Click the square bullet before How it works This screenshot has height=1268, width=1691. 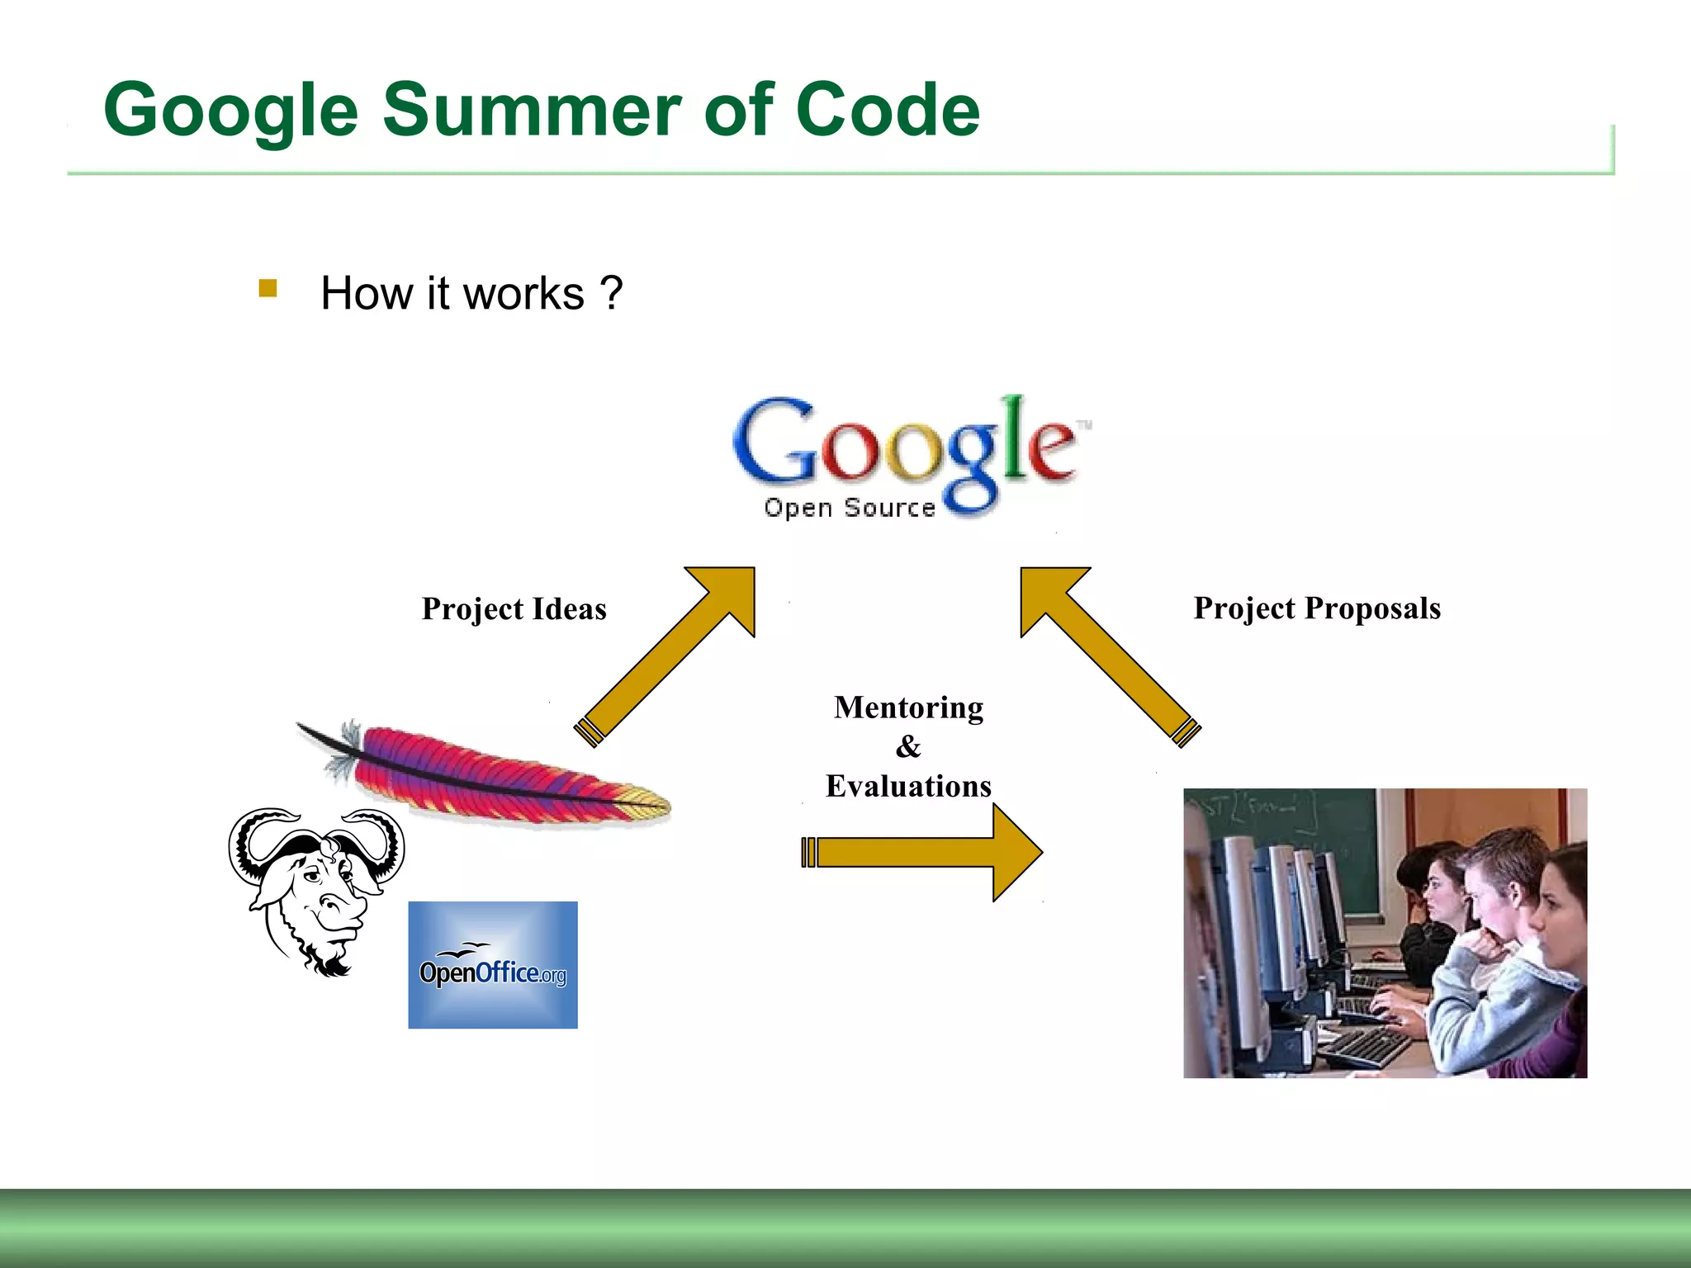click(x=268, y=288)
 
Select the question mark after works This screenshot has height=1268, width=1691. click(x=611, y=293)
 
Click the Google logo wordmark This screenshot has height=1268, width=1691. click(x=904, y=446)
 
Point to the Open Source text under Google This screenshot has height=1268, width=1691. click(x=849, y=507)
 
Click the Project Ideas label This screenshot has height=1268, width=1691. click(x=514, y=609)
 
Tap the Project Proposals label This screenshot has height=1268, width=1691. click(x=1317, y=608)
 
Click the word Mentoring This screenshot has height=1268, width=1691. click(x=908, y=707)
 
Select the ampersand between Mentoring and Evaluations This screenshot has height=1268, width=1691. click(x=907, y=746)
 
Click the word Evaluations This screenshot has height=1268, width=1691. click(x=908, y=786)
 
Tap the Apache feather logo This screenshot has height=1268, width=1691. click(x=487, y=772)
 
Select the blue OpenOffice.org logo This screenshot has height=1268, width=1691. click(x=493, y=964)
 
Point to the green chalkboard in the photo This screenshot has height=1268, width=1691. click(x=1288, y=826)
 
